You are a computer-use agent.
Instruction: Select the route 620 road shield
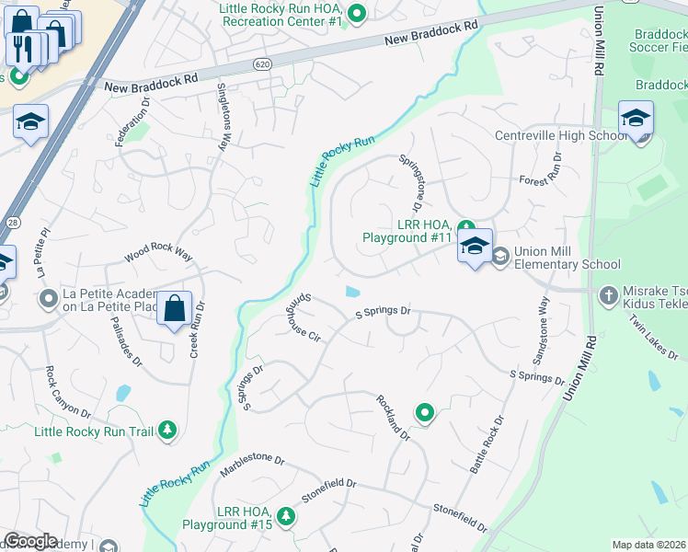pyautogui.click(x=263, y=63)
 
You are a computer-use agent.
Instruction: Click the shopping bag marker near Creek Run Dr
pyautogui.click(x=175, y=309)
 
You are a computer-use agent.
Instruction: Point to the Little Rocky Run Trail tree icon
pyautogui.click(x=166, y=430)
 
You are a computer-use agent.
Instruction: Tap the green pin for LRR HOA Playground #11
pyautogui.click(x=465, y=227)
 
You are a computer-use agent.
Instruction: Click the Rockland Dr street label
pyautogui.click(x=392, y=418)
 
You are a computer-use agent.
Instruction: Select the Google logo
pyautogui.click(x=30, y=541)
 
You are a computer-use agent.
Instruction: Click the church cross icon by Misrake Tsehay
pyautogui.click(x=607, y=296)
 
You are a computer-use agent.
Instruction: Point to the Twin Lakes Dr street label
pyautogui.click(x=648, y=337)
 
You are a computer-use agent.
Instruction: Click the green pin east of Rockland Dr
pyautogui.click(x=424, y=413)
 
